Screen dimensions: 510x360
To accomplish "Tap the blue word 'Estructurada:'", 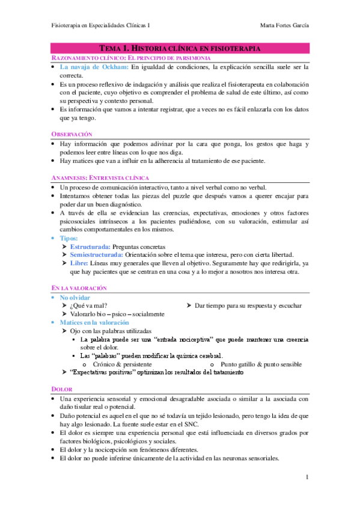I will (x=91, y=247).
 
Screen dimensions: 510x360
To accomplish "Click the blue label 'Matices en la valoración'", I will (x=94, y=322).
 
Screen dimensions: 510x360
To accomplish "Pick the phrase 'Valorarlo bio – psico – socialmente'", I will (x=117, y=314).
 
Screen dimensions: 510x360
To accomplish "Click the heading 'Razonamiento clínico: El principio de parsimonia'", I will (x=130, y=57).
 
